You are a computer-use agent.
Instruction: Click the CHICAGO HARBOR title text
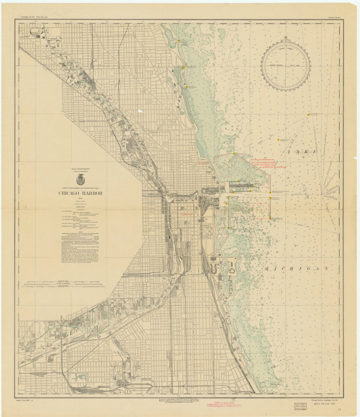coord(81,193)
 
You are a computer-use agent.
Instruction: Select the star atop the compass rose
coord(285,38)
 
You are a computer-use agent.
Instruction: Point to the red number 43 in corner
coord(339,410)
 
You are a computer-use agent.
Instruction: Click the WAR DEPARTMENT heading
coord(81,169)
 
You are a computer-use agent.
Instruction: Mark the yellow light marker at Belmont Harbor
coord(184,67)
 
